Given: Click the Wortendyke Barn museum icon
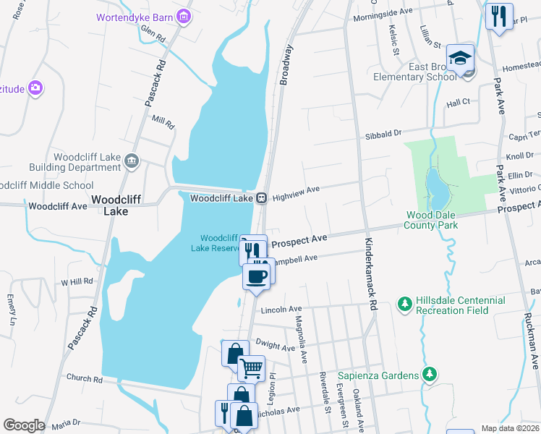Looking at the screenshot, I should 184,16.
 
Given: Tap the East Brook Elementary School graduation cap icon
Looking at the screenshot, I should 460,58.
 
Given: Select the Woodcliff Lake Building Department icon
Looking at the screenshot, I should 131,161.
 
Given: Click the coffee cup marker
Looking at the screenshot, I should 256,276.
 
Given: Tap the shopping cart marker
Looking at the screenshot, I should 251,368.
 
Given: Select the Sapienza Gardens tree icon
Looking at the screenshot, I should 430,374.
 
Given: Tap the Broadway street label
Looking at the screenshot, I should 286,65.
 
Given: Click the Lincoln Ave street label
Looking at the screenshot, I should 281,310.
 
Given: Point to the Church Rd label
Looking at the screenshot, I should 84,378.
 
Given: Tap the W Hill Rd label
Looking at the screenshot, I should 77,281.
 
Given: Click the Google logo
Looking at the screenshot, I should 24,425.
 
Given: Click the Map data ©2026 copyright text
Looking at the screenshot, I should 509,428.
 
